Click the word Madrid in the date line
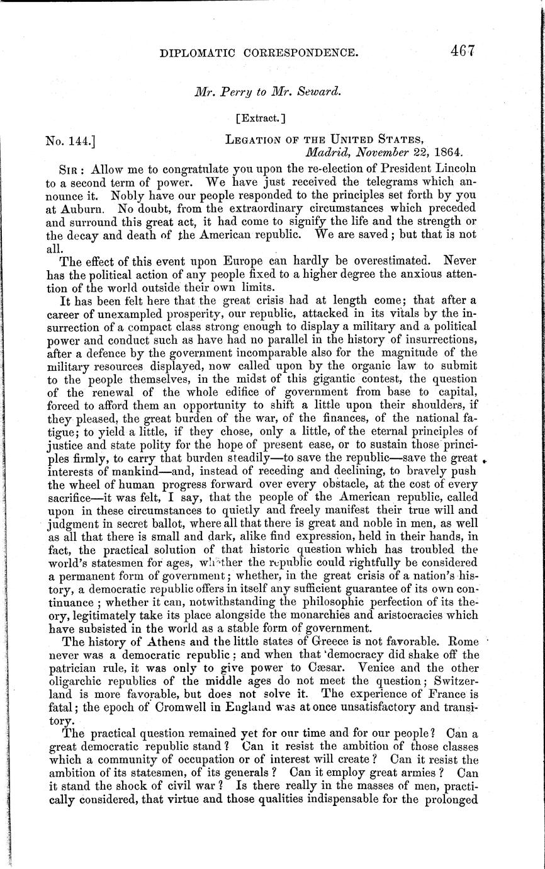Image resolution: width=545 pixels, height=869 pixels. [327, 152]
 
